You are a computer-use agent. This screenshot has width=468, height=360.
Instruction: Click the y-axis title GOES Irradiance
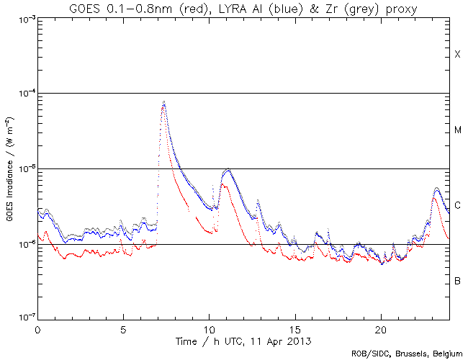[x=11, y=168]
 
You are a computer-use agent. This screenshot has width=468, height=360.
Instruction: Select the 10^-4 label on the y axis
[x=24, y=94]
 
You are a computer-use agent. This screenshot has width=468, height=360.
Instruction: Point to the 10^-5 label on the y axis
[x=24, y=169]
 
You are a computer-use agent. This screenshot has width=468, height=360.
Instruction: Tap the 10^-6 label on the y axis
[x=24, y=245]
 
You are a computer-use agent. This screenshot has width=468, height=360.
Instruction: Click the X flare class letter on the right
[x=457, y=55]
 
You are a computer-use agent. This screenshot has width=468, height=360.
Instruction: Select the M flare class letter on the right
[x=457, y=130]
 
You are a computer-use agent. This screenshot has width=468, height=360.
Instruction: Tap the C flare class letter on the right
[x=457, y=206]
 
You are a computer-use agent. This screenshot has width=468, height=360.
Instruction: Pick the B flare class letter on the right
[x=457, y=281]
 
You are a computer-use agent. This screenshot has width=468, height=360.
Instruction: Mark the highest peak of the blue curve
[x=164, y=102]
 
